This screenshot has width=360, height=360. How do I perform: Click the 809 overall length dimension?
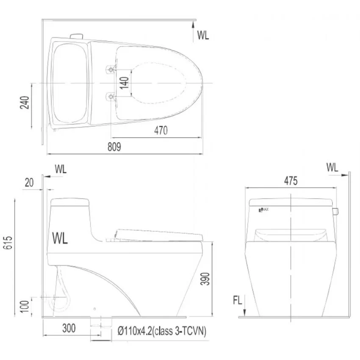[114, 147]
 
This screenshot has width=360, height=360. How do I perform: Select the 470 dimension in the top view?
[161, 130]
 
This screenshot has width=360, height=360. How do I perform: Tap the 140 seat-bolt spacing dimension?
[124, 83]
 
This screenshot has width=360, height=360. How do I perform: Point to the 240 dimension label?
[25, 102]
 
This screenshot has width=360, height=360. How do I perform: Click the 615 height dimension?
[8, 242]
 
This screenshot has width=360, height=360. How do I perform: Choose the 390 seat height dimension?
[205, 279]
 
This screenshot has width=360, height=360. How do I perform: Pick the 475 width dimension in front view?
[291, 181]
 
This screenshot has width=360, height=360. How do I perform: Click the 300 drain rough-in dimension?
[69, 328]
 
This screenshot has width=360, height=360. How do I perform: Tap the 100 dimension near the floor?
[25, 306]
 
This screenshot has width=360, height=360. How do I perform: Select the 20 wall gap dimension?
[29, 183]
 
